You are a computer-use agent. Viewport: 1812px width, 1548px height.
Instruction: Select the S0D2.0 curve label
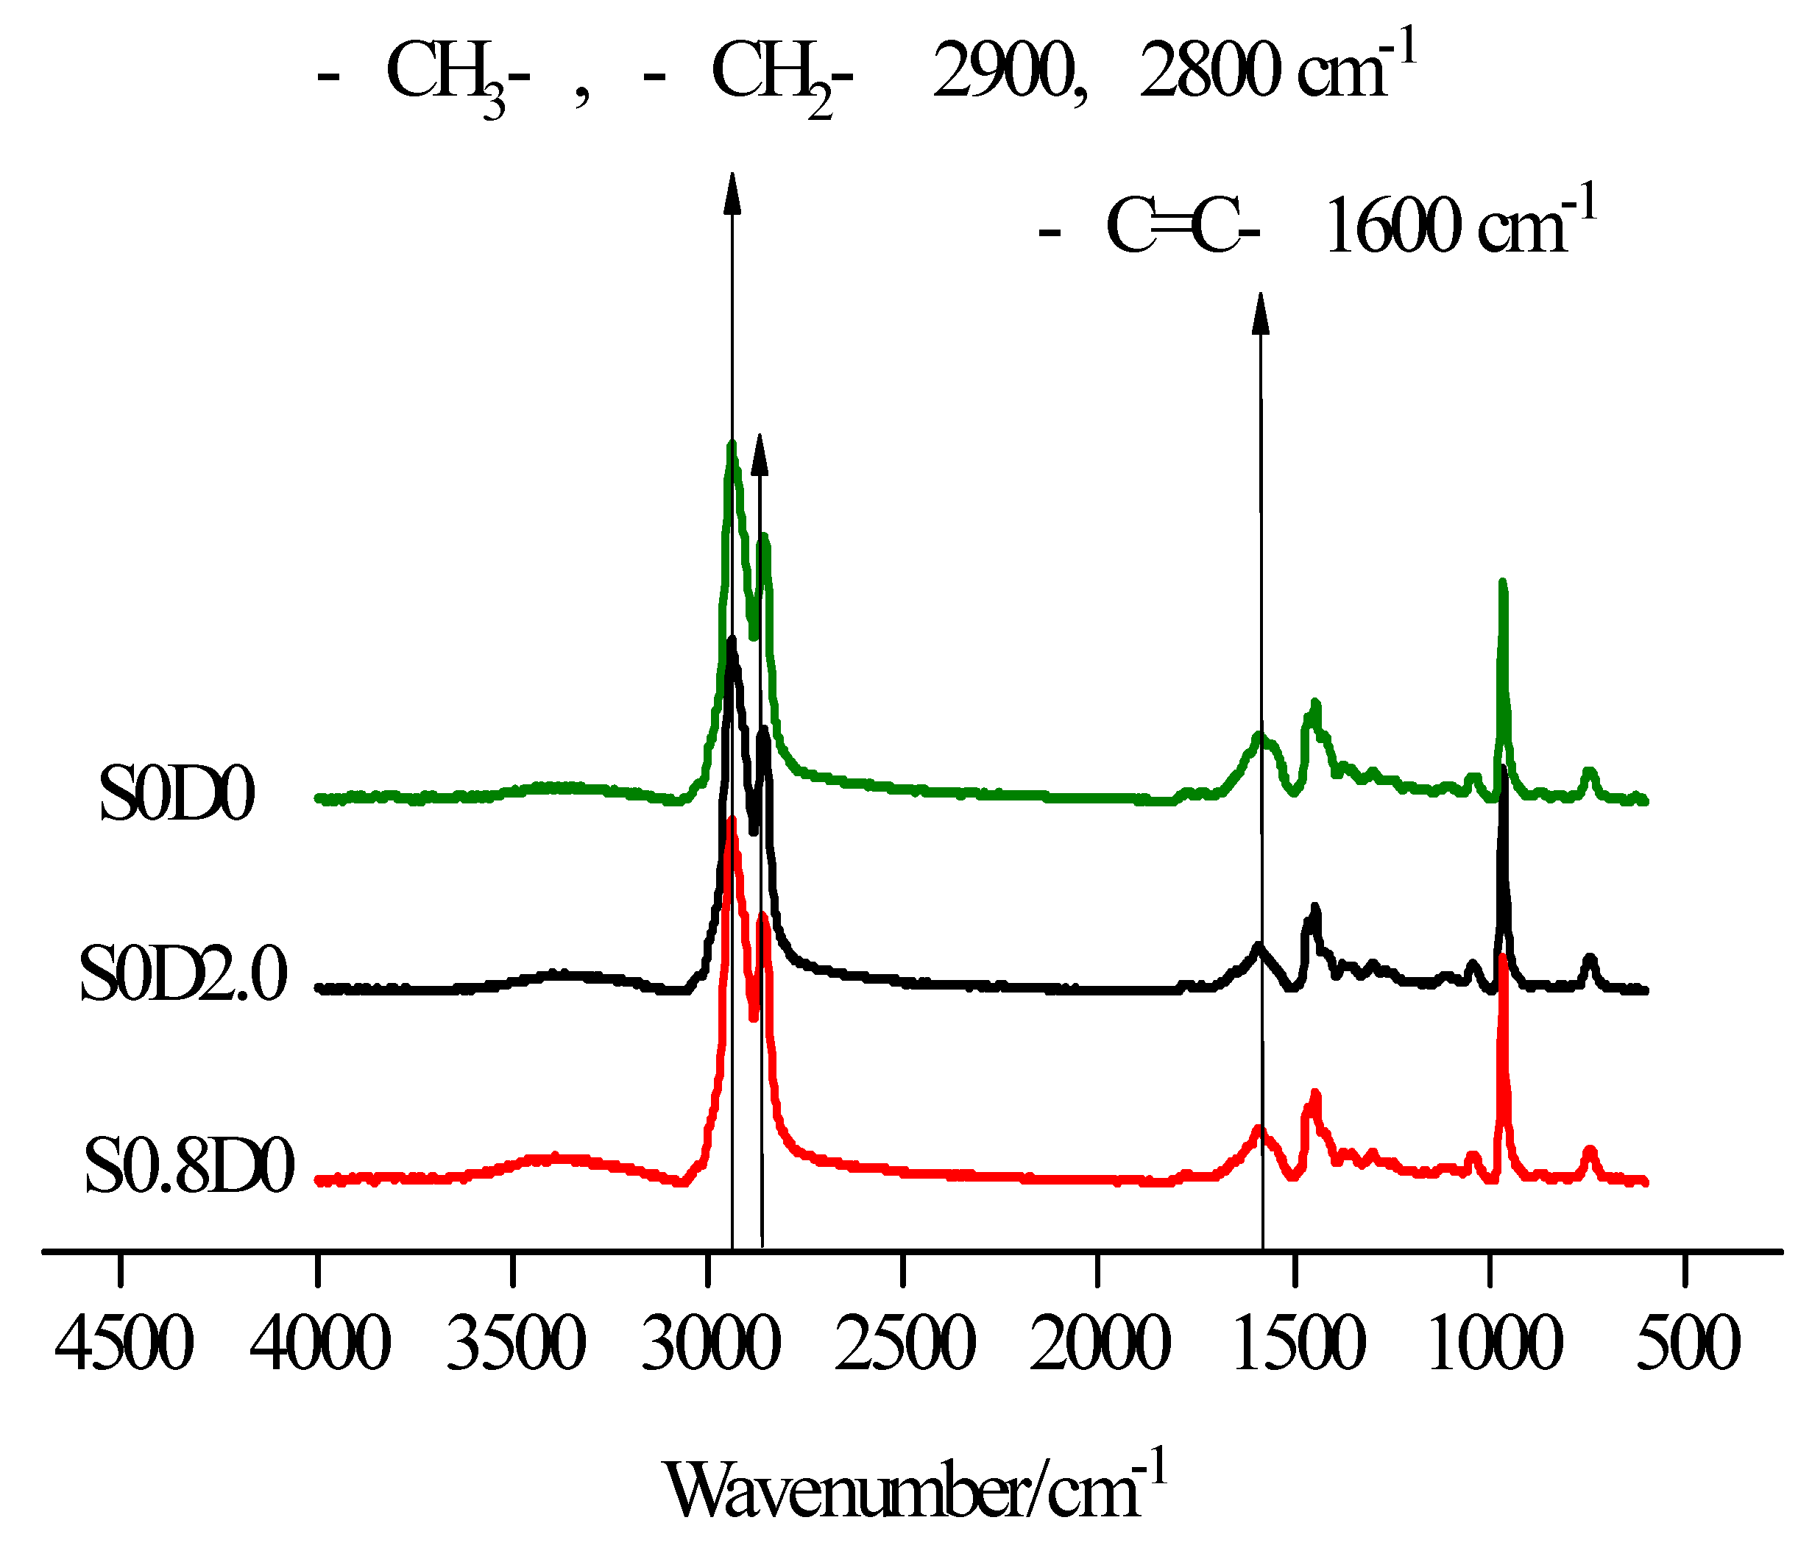(x=184, y=975)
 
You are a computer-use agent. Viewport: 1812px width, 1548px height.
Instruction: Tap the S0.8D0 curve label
(x=189, y=1167)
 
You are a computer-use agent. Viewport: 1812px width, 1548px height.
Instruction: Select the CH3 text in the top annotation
(x=446, y=75)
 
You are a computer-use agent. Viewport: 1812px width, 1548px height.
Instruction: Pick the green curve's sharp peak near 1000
(x=1502, y=584)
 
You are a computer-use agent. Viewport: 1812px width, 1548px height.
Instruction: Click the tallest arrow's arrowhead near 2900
(x=733, y=192)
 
